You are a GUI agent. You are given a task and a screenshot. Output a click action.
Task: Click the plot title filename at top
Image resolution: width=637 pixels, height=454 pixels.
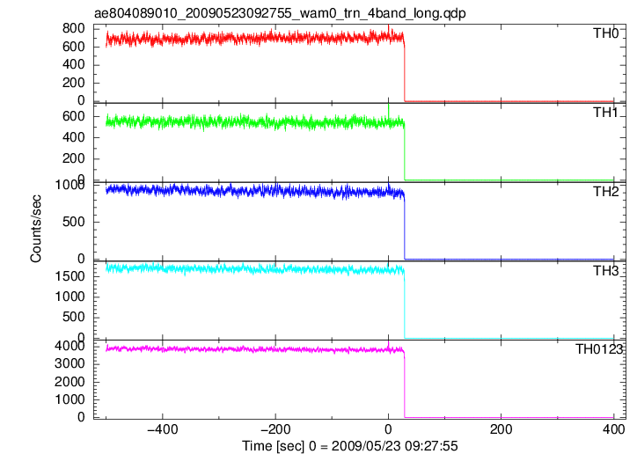(x=280, y=13)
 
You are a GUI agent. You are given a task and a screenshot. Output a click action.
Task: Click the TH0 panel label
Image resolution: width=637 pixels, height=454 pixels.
(x=605, y=33)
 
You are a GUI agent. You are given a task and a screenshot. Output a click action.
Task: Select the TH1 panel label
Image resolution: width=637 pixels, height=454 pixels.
(x=605, y=113)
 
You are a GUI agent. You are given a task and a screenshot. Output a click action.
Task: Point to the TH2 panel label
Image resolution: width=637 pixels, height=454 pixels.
(x=605, y=191)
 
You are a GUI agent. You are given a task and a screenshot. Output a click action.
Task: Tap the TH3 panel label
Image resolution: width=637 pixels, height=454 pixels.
(x=605, y=270)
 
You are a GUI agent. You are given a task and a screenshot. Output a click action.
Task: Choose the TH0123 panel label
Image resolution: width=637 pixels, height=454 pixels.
(x=599, y=349)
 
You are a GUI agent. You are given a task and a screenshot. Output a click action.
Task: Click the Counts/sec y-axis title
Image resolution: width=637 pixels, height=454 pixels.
(x=36, y=229)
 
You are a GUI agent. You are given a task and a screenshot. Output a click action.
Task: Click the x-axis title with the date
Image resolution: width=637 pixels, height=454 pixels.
(x=350, y=446)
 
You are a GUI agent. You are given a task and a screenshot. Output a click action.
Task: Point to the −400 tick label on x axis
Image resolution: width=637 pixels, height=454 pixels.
(x=163, y=429)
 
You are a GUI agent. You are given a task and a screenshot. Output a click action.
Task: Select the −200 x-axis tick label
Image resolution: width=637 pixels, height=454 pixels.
(x=275, y=429)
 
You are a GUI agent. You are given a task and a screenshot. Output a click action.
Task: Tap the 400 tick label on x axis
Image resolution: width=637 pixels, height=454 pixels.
(x=613, y=429)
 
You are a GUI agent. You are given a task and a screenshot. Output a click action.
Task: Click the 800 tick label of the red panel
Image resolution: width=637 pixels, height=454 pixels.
(x=74, y=28)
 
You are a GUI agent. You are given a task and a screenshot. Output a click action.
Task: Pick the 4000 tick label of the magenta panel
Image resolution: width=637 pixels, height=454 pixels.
(x=70, y=347)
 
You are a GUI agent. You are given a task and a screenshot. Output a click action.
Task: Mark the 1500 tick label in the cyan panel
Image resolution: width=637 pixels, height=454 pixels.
(x=70, y=276)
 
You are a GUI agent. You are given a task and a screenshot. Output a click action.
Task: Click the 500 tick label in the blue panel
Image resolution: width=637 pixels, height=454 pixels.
(x=74, y=222)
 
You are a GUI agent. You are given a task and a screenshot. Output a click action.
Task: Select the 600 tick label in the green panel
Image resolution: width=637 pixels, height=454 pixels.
(x=74, y=116)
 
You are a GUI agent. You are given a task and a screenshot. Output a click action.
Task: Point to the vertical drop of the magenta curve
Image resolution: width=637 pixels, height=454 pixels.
(x=405, y=385)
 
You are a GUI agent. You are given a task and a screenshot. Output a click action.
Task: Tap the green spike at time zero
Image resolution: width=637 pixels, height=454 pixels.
(x=389, y=111)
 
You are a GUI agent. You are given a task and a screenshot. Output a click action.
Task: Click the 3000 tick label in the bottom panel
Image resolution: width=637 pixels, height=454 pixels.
(x=70, y=364)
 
